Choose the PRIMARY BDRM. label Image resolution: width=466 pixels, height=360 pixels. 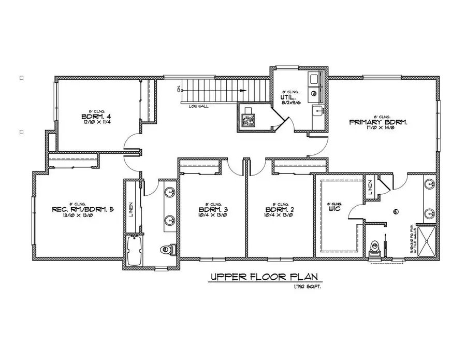point(379,122)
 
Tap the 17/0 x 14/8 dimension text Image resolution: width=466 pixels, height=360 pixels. point(379,128)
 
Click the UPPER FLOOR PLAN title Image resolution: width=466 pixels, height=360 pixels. point(263,278)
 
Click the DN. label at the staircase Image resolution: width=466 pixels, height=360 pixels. point(179,89)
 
